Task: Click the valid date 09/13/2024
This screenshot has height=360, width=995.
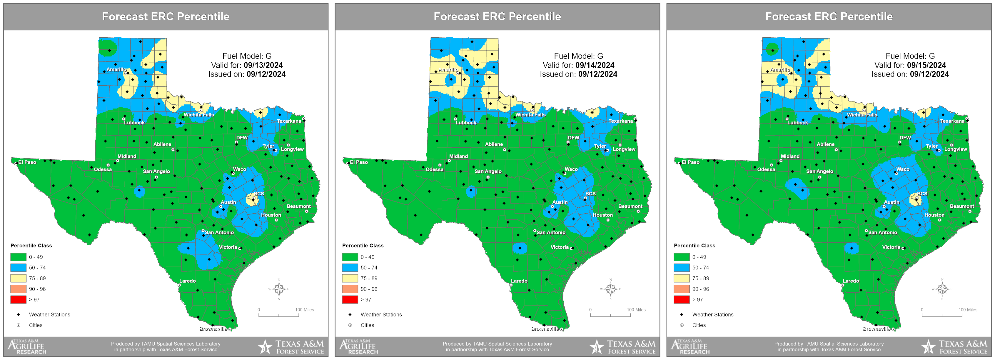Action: click(x=263, y=65)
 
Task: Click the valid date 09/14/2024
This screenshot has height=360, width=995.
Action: click(x=595, y=65)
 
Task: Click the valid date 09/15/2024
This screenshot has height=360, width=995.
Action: click(x=926, y=65)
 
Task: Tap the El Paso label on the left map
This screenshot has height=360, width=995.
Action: click(x=27, y=162)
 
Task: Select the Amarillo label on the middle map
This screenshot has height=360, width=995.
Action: click(x=448, y=70)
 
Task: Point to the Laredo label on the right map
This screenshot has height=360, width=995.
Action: click(x=851, y=281)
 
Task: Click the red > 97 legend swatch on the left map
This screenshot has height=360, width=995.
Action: click(x=18, y=299)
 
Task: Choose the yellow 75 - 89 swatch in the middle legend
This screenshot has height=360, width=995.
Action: click(x=350, y=278)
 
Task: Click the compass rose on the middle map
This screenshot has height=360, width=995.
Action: click(x=610, y=289)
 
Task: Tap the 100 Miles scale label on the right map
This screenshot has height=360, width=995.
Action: click(x=968, y=310)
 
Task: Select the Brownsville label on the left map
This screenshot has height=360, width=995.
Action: click(x=213, y=329)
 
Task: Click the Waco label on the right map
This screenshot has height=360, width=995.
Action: click(x=903, y=169)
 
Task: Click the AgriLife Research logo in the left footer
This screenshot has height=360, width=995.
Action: click(x=27, y=346)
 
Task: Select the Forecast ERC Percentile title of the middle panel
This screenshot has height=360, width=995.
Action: click(x=497, y=16)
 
